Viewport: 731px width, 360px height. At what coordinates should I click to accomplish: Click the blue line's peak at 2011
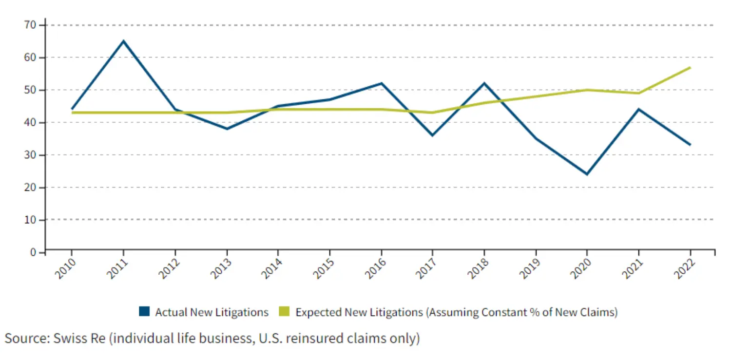(123, 41)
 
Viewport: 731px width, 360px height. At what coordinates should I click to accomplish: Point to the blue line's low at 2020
(587, 174)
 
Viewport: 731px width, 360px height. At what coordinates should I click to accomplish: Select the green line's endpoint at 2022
(690, 67)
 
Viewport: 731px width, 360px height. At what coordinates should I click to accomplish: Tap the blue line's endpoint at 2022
(690, 145)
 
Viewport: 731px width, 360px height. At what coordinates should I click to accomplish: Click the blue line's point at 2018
(484, 83)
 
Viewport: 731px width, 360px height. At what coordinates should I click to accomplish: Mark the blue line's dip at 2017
(432, 135)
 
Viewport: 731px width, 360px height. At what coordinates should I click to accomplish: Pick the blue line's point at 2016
(381, 83)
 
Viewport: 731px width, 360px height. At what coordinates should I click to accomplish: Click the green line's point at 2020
(587, 90)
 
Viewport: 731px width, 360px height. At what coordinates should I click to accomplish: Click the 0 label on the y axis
(34, 252)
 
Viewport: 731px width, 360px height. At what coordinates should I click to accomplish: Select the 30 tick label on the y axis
(30, 155)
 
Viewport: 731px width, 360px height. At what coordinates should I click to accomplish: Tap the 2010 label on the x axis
(64, 268)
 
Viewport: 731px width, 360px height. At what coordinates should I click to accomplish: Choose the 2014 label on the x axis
(270, 268)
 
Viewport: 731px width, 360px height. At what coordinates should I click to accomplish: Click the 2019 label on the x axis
(528, 268)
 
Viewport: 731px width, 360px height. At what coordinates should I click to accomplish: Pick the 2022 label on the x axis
(682, 268)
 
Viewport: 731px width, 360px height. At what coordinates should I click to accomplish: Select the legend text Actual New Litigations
(212, 312)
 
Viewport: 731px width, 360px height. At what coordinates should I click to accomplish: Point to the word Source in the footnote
(24, 338)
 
